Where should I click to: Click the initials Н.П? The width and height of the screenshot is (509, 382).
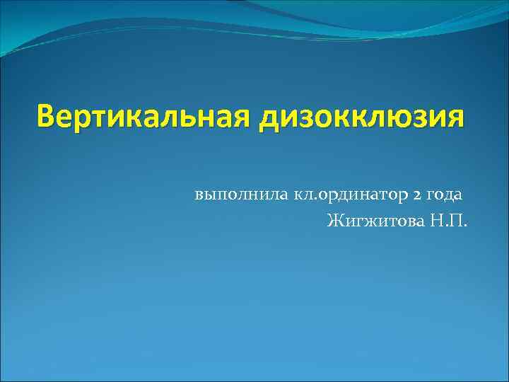click(x=462, y=221)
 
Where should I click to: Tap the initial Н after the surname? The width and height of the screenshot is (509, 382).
click(x=453, y=221)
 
